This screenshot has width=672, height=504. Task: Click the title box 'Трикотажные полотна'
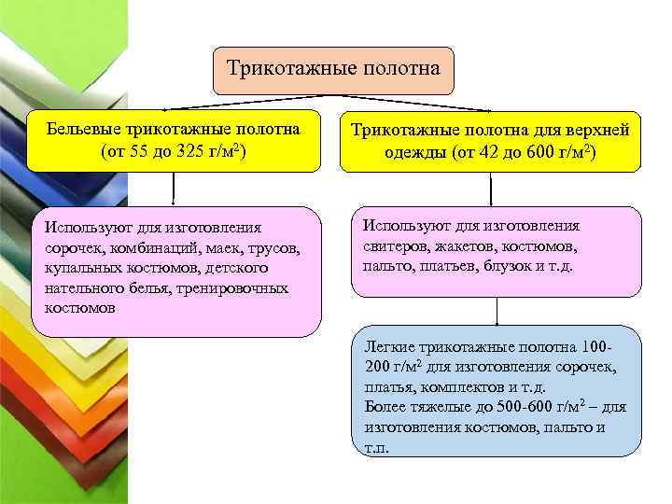coord(333,70)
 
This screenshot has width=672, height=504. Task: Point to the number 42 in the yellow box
coord(485,152)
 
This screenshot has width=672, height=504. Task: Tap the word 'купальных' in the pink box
coord(80,268)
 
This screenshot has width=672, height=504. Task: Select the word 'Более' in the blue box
coord(384,407)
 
